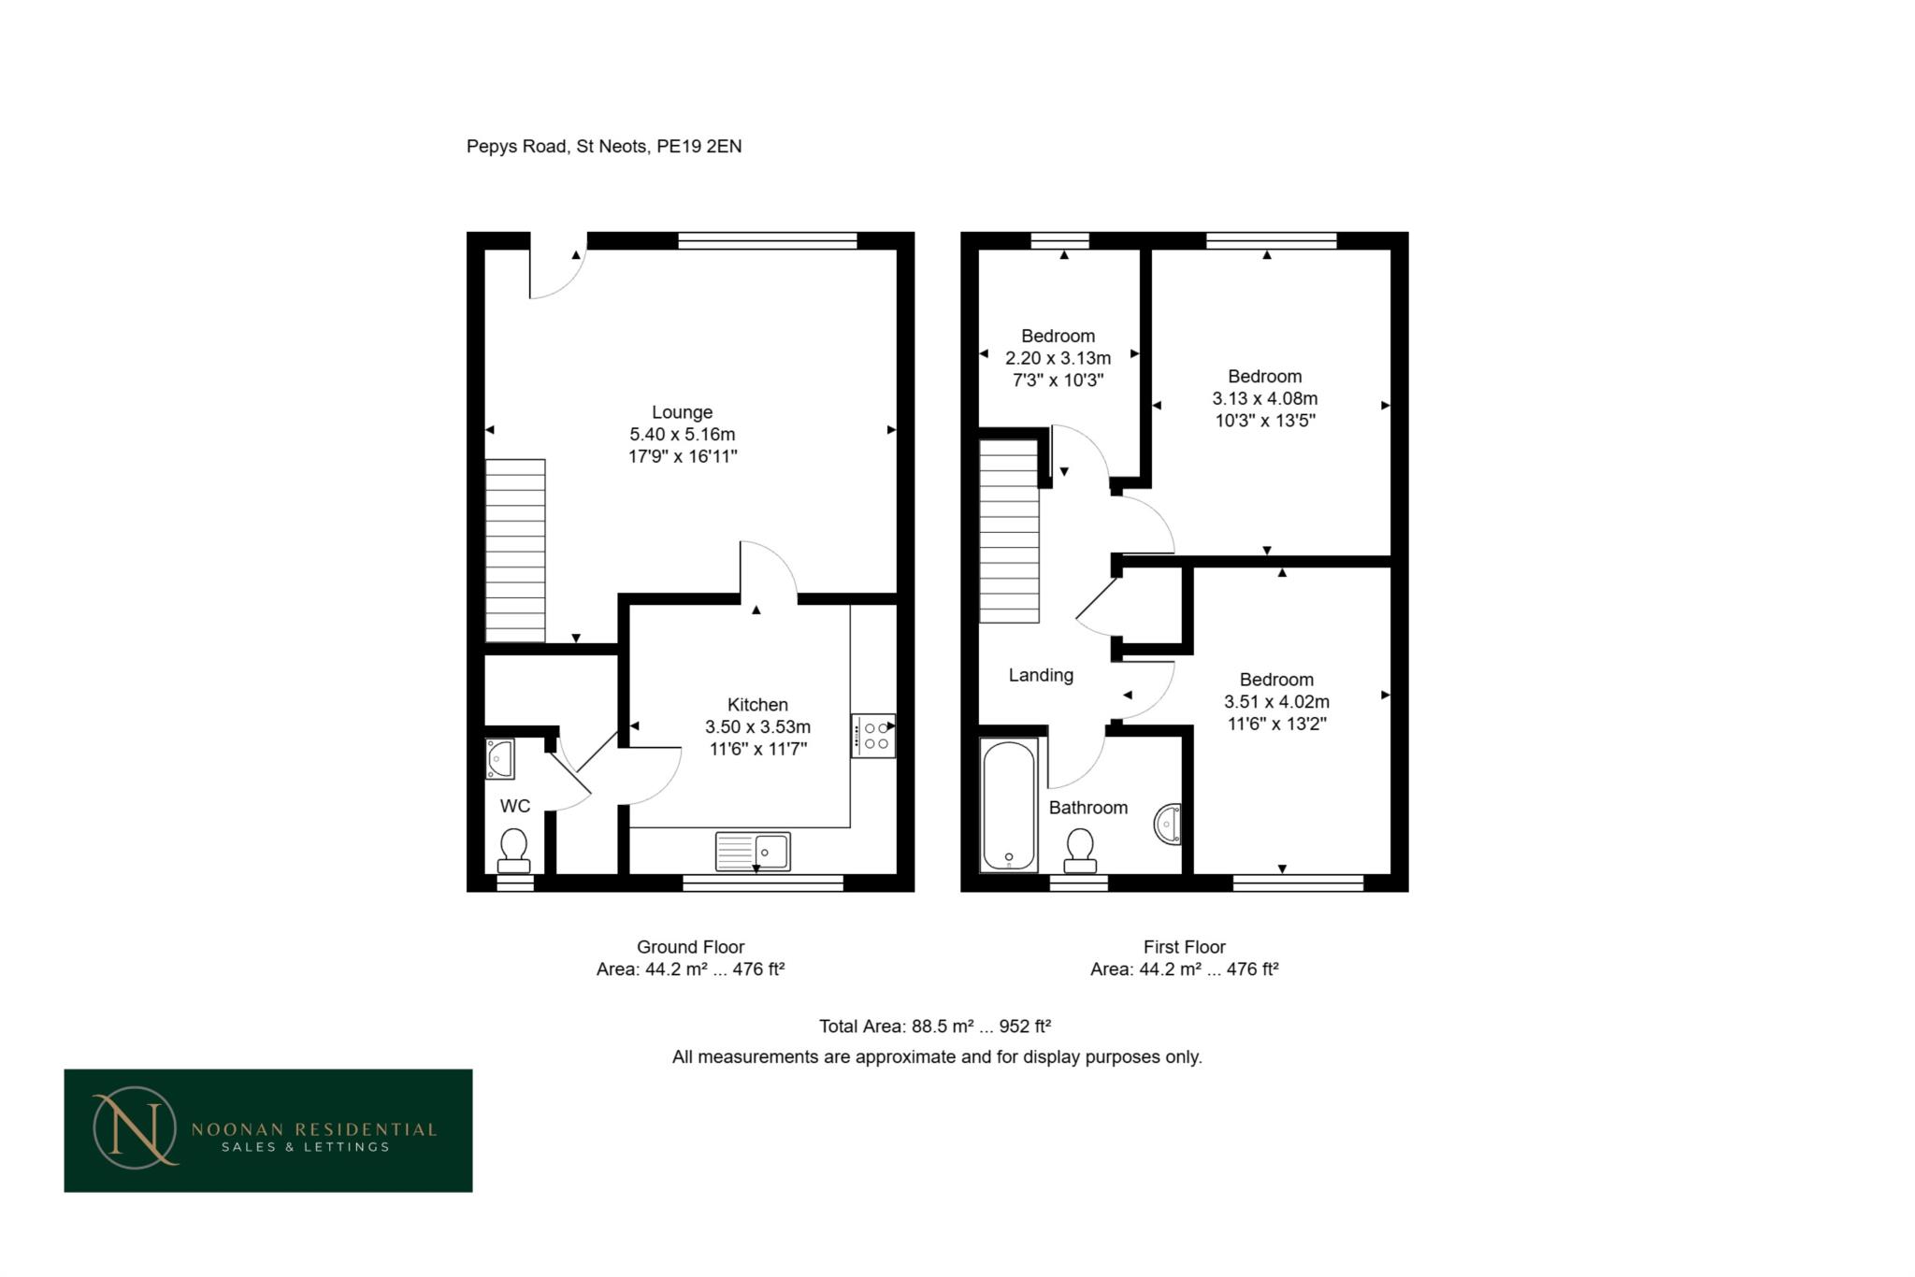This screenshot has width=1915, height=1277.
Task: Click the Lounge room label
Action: [x=682, y=412]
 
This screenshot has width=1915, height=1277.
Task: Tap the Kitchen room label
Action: [x=757, y=705]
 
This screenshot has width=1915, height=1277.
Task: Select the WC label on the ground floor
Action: [x=515, y=806]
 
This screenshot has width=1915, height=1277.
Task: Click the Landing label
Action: [x=1041, y=675]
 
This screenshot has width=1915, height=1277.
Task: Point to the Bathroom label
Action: [x=1088, y=808]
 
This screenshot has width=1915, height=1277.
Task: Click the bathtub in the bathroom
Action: [x=1009, y=805]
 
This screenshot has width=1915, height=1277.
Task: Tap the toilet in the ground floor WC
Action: [x=513, y=850]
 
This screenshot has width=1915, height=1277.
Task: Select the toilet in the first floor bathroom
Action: [x=1080, y=851]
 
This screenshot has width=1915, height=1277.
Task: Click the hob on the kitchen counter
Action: [x=873, y=736]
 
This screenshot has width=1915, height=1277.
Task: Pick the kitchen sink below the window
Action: [x=753, y=852]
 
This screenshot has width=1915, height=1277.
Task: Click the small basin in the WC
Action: [x=500, y=759]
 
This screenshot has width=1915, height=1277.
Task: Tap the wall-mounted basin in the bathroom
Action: [x=1168, y=825]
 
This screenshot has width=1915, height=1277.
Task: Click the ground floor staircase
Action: [x=515, y=551]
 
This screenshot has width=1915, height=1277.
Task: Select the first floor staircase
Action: [x=1009, y=531]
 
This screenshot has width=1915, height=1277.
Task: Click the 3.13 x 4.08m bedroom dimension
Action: [x=1265, y=399]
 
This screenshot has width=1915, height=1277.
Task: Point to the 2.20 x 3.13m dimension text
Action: [x=1058, y=358]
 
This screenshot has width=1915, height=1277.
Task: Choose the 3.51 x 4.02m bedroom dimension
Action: [x=1276, y=702]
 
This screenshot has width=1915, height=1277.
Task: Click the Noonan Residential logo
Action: [x=268, y=1130]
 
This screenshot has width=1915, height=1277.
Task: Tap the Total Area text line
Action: [x=935, y=1026]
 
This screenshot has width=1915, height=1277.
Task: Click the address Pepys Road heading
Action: [x=604, y=147]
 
